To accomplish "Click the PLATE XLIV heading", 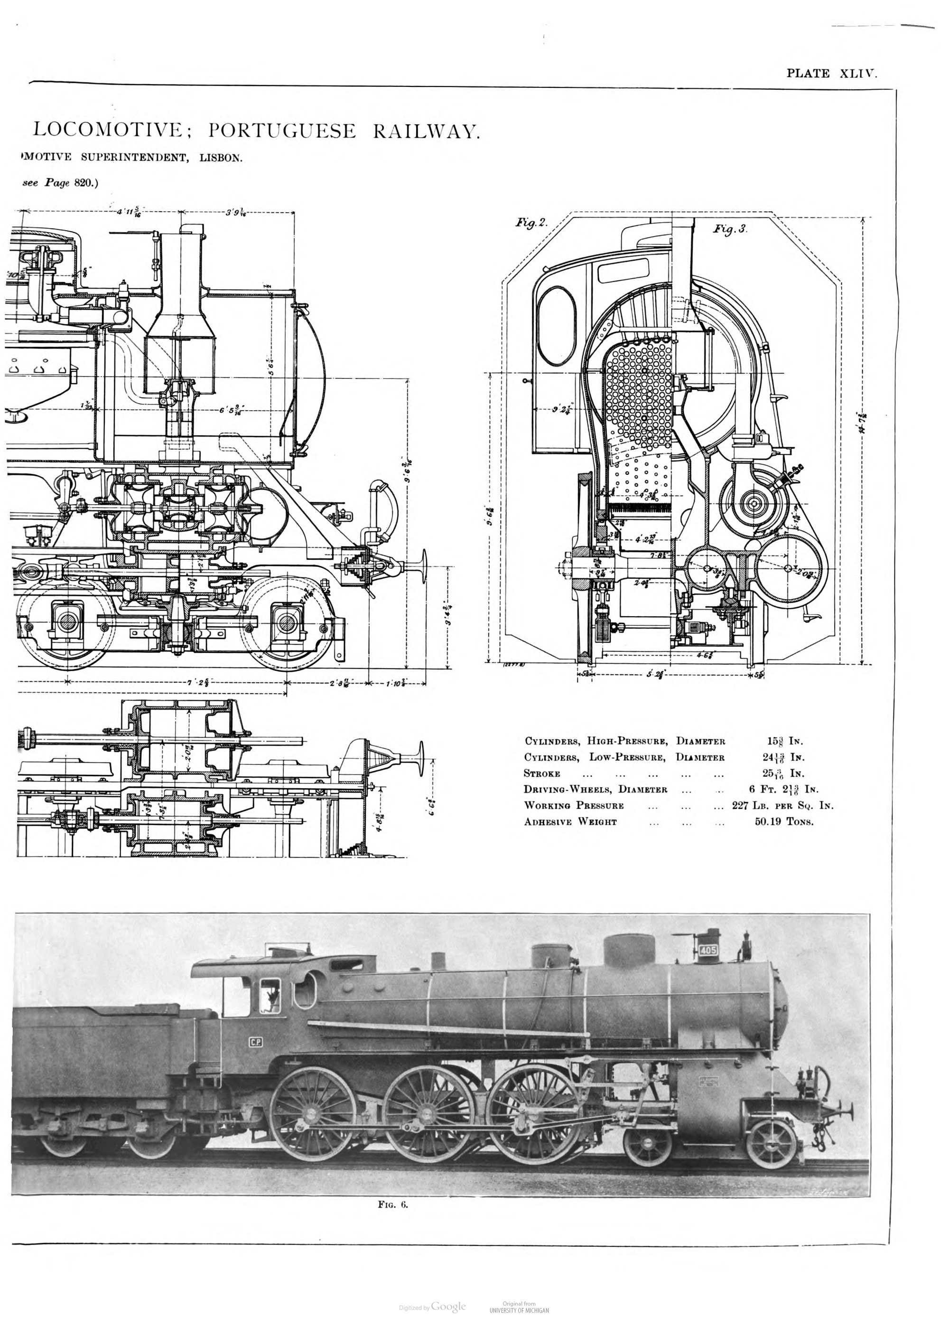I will tap(830, 73).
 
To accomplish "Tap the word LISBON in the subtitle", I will tap(221, 158).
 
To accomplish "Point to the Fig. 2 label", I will tap(531, 223).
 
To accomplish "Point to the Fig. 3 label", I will tap(729, 229).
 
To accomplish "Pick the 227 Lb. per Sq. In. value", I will tap(782, 805).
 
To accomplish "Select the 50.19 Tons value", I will tap(783, 822).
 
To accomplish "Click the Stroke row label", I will tap(542, 773).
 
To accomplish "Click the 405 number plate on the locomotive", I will tap(708, 950).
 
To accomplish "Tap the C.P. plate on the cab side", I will tap(256, 1042).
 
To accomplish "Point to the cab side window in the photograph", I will tap(270, 996).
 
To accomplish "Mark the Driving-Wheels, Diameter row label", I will tap(595, 790).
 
